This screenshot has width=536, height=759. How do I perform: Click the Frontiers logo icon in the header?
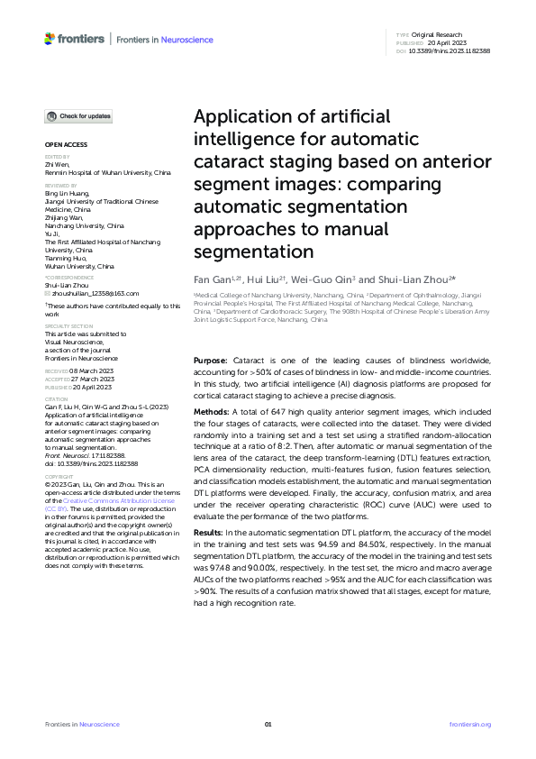coord(50,39)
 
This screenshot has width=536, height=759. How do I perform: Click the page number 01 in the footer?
coord(268,724)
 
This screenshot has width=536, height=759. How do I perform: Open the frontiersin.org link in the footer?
coord(469,724)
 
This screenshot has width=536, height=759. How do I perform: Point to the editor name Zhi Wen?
coord(56,163)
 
